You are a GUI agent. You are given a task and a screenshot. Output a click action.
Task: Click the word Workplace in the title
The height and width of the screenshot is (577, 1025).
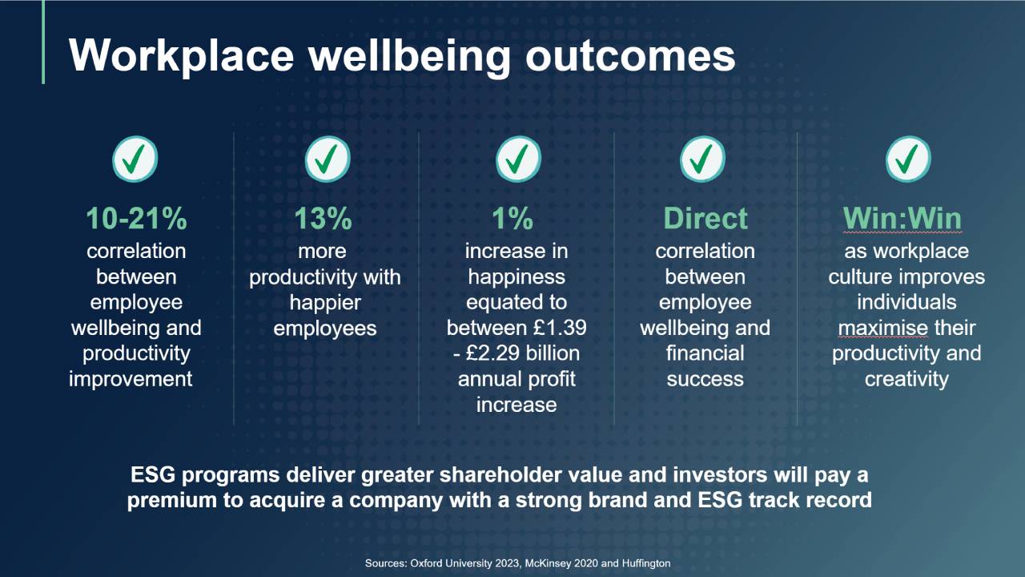(x=181, y=56)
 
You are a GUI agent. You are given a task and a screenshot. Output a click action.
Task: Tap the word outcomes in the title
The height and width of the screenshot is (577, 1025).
(x=630, y=55)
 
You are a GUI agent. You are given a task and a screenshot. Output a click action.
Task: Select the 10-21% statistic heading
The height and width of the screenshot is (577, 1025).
(x=136, y=219)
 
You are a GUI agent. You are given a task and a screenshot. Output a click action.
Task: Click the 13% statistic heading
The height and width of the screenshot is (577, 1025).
(x=323, y=219)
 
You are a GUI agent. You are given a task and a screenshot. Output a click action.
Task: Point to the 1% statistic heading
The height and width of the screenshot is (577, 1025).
(x=512, y=219)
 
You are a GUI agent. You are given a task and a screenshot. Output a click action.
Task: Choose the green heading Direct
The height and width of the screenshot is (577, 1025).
(x=705, y=219)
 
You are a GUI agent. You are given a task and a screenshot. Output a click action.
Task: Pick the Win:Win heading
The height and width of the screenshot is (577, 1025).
(x=902, y=219)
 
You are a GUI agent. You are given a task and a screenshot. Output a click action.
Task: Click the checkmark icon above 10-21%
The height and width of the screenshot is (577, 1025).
(x=135, y=159)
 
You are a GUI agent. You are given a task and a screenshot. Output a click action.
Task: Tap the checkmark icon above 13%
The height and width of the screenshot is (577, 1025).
(x=328, y=159)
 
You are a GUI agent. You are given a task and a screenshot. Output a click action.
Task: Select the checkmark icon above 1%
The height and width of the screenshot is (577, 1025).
(x=518, y=159)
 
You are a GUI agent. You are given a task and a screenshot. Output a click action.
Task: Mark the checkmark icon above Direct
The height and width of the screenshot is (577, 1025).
(x=702, y=159)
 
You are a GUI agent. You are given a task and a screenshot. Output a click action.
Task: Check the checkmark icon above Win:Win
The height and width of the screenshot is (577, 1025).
(x=908, y=159)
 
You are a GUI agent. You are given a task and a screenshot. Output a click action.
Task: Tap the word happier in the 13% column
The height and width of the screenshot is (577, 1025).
(x=325, y=303)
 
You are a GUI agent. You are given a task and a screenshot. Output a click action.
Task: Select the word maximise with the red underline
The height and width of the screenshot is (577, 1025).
(x=883, y=328)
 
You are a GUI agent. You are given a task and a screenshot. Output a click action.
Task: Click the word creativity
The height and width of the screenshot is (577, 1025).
(x=906, y=380)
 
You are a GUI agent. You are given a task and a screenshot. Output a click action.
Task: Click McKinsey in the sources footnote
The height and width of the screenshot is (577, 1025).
(x=545, y=563)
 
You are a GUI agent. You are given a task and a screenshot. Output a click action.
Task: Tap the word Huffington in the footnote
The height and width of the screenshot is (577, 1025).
(x=646, y=563)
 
